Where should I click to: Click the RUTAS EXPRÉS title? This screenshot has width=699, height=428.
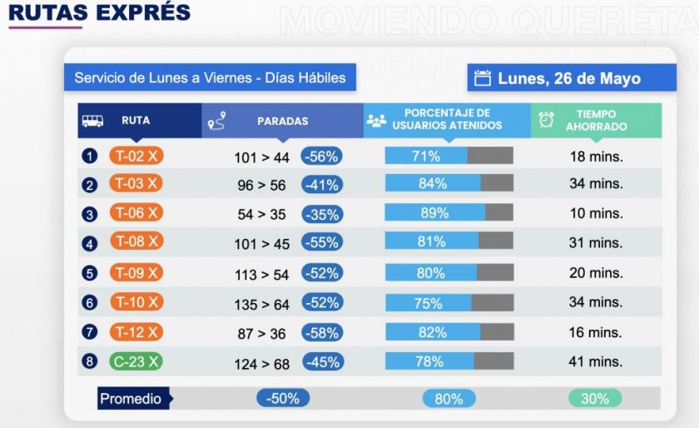coord(99,12)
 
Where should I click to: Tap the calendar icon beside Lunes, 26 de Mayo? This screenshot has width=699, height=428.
coord(483,78)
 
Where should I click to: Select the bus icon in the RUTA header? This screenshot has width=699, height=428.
coord(92,121)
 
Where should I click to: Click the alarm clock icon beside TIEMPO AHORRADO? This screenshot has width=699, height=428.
coord(547,121)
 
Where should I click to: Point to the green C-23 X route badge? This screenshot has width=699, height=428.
coord(136,361)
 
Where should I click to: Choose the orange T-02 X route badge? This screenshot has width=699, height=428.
coord(136,156)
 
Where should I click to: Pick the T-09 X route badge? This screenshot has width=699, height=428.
coord(136,272)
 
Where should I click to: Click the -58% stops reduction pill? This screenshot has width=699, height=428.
coord(321,332)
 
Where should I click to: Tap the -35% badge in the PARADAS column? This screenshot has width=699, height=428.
coord(321,214)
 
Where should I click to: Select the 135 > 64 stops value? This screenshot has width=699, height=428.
coord(262,303)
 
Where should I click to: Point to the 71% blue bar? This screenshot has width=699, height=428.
coord(425,156)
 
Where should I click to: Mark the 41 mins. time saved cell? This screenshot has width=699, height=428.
coord(596,361)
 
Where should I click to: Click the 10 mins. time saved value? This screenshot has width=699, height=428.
coord(596,214)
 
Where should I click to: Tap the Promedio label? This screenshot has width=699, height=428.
coord(131,399)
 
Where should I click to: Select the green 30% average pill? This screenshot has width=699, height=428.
coord(595,399)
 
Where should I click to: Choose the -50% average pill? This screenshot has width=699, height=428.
coord(283,399)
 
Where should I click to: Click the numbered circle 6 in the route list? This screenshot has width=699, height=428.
coord(90,303)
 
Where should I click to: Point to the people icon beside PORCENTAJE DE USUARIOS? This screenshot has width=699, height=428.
coord(376,121)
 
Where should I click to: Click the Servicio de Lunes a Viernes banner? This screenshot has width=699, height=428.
coord(210,77)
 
